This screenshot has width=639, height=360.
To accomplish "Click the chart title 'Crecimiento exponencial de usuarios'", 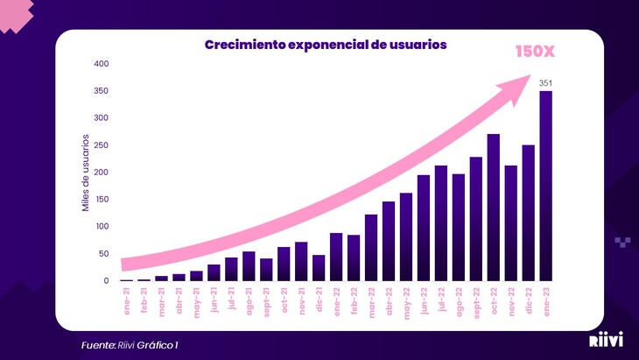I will (326, 45).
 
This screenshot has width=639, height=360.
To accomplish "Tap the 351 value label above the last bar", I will (545, 83).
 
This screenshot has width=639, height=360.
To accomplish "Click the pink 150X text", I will (534, 52).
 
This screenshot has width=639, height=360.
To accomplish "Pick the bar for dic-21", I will (319, 267).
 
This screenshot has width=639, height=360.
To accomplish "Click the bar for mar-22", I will (371, 248).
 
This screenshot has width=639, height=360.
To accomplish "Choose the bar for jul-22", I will (441, 223).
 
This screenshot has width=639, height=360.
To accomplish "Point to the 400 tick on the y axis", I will (101, 64).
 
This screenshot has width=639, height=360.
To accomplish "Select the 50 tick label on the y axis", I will (103, 254).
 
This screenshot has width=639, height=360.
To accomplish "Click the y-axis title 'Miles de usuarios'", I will (86, 173).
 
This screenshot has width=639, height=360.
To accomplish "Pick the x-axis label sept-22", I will (475, 305).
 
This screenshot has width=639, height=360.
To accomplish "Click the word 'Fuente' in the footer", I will (98, 345).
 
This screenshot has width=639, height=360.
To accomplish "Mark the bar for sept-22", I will (476, 219).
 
